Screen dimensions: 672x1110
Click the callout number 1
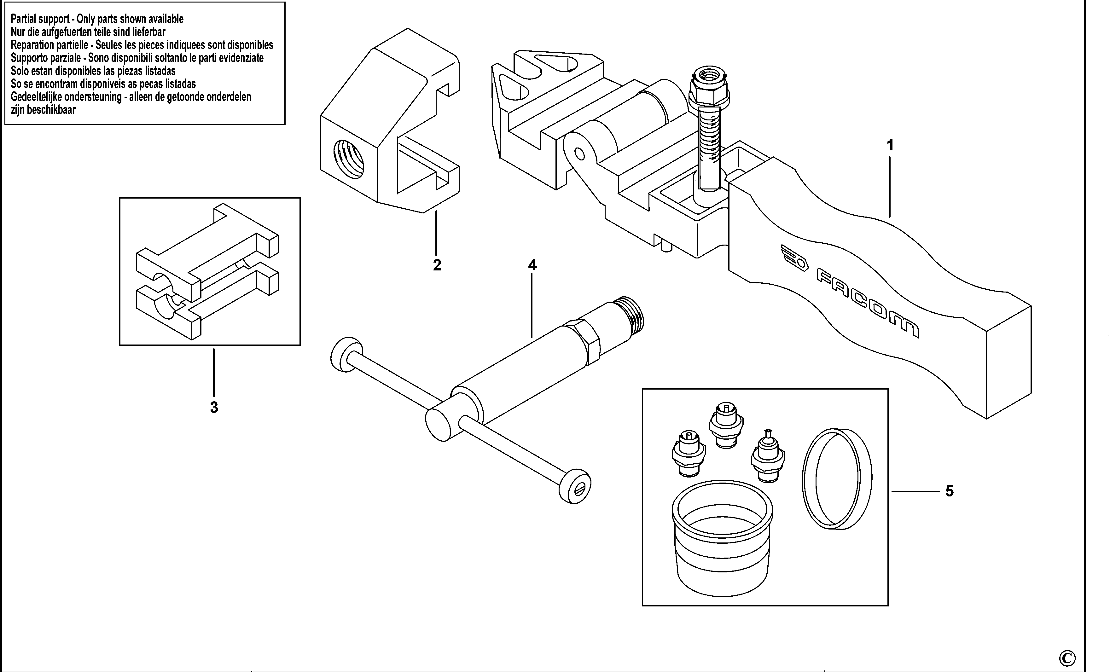(x=890, y=146)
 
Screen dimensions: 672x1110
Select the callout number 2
(x=437, y=265)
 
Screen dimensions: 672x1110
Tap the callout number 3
(x=214, y=407)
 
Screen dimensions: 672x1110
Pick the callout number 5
(x=949, y=491)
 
